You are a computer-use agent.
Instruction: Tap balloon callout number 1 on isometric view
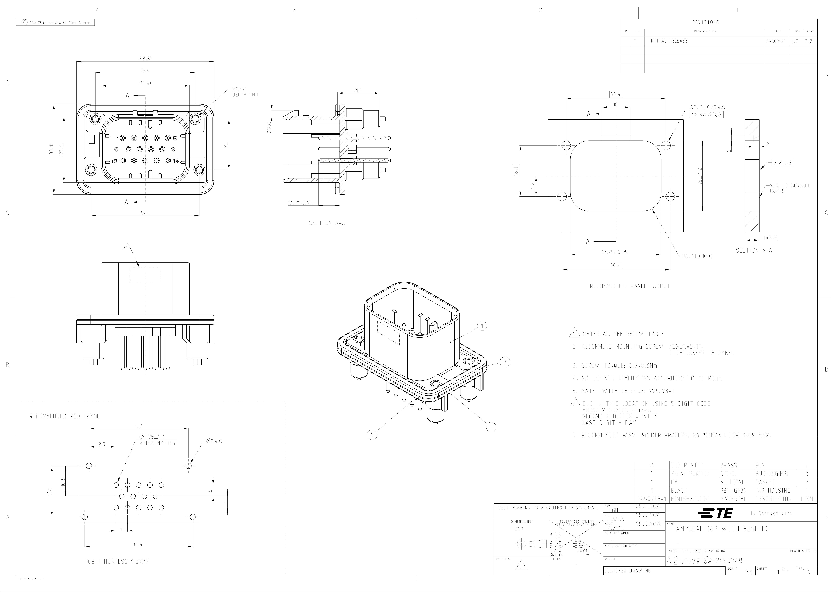pos(482,326)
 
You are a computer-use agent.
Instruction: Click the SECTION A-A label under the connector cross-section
pos(327,223)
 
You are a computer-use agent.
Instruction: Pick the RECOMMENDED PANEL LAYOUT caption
pos(630,286)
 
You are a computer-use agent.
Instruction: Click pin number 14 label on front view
pos(176,161)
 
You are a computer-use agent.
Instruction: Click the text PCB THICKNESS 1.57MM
pos(117,562)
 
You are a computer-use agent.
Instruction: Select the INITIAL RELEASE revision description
pos(668,41)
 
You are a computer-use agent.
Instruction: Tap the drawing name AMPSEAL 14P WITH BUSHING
pos(722,529)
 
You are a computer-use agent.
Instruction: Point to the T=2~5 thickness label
pos(770,237)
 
